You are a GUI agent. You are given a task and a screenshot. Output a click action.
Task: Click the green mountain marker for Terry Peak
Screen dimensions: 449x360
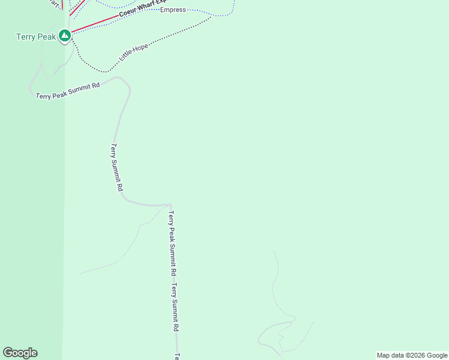pyautogui.click(x=65, y=36)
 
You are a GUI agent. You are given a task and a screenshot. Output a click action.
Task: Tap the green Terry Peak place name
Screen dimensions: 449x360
pyautogui.click(x=35, y=37)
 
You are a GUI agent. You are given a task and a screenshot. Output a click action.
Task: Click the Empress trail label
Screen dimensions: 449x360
pyautogui.click(x=173, y=10)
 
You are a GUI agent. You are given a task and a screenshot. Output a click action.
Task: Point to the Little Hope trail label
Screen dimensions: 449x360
pyautogui.click(x=134, y=53)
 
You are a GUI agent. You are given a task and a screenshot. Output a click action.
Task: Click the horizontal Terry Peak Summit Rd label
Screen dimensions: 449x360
pyautogui.click(x=67, y=91)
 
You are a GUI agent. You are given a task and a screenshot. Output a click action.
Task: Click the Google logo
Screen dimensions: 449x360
pyautogui.click(x=20, y=353)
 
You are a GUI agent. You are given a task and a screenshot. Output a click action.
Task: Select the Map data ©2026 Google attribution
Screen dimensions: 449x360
pyautogui.click(x=412, y=355)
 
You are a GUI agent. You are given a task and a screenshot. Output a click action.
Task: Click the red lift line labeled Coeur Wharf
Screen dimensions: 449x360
pyautogui.click(x=90, y=26)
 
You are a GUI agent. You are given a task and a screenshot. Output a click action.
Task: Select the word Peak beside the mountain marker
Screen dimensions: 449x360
pyautogui.click(x=46, y=37)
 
